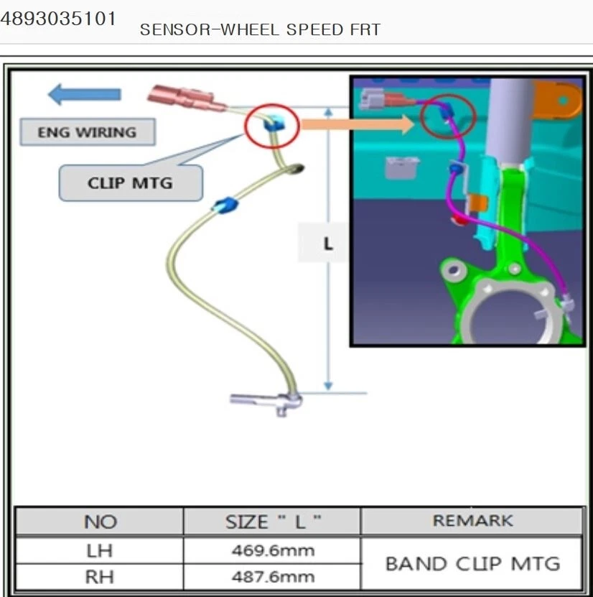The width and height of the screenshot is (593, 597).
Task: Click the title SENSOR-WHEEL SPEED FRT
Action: tap(260, 30)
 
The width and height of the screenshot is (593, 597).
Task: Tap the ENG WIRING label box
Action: tap(87, 132)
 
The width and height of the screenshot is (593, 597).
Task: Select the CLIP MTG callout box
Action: tap(130, 182)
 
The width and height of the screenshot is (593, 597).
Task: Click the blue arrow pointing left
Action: tap(85, 95)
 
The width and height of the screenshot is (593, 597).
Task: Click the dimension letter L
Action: tap(327, 244)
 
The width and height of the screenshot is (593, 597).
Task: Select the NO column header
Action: tap(100, 522)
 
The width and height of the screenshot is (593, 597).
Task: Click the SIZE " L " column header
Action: tap(272, 522)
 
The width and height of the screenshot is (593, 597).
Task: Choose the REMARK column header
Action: tap(472, 521)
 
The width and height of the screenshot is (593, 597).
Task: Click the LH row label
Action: tap(100, 551)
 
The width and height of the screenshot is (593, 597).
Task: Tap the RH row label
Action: tap(100, 577)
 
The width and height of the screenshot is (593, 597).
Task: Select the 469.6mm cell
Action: tap(272, 551)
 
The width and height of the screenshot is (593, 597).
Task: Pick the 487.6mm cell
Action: tap(272, 577)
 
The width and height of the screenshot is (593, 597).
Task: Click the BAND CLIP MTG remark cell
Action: tap(472, 564)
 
